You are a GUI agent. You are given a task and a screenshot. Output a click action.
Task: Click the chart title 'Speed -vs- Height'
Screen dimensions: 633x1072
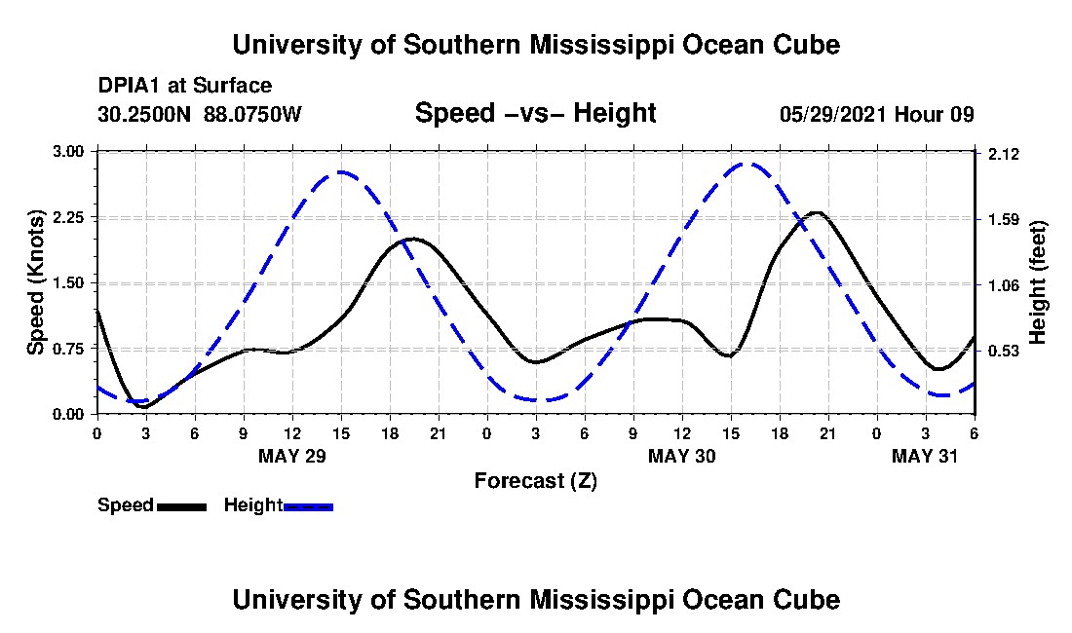click(535, 114)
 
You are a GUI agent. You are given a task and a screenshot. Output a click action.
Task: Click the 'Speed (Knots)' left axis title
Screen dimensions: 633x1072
click(36, 282)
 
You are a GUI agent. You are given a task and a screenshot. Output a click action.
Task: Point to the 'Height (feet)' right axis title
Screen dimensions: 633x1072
click(1037, 282)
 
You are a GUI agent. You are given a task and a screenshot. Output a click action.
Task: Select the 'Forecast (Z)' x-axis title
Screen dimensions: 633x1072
click(535, 480)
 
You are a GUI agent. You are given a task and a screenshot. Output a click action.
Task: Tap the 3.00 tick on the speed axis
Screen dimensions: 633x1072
click(70, 152)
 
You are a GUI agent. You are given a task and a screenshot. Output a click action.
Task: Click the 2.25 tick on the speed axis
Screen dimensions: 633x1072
click(70, 217)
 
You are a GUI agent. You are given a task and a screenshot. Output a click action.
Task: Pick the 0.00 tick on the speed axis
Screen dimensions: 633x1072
click(70, 414)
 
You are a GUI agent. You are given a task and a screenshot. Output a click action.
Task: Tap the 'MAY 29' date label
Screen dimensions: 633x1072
click(291, 456)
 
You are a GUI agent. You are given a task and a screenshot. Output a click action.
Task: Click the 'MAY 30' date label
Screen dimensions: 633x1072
click(681, 456)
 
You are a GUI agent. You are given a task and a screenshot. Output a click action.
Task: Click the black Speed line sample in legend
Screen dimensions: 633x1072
click(181, 506)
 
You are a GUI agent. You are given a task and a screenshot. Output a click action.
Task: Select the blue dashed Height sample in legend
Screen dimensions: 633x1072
click(308, 506)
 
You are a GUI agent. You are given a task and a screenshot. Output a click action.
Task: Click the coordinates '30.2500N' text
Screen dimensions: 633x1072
click(146, 114)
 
